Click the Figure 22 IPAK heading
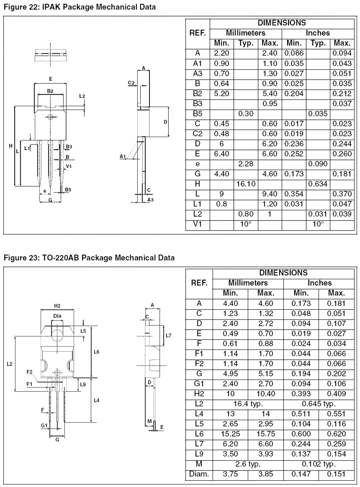point(80,7)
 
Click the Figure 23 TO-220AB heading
point(89,258)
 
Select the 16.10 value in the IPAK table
point(246,184)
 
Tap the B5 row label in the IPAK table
point(197,114)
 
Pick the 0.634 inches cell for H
point(318,184)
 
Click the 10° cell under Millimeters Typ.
point(246,224)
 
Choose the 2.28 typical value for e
point(246,164)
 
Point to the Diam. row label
point(199,474)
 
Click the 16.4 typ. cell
point(248,404)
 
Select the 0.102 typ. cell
point(319,464)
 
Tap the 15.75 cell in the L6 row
point(266,434)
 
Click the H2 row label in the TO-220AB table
point(199,394)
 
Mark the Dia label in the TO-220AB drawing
point(57,316)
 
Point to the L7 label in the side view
point(169,336)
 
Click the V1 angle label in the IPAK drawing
point(69,166)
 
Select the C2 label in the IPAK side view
point(131,83)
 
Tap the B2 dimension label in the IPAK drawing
point(50,91)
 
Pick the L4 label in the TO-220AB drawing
point(97,400)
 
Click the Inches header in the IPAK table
point(318,33)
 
